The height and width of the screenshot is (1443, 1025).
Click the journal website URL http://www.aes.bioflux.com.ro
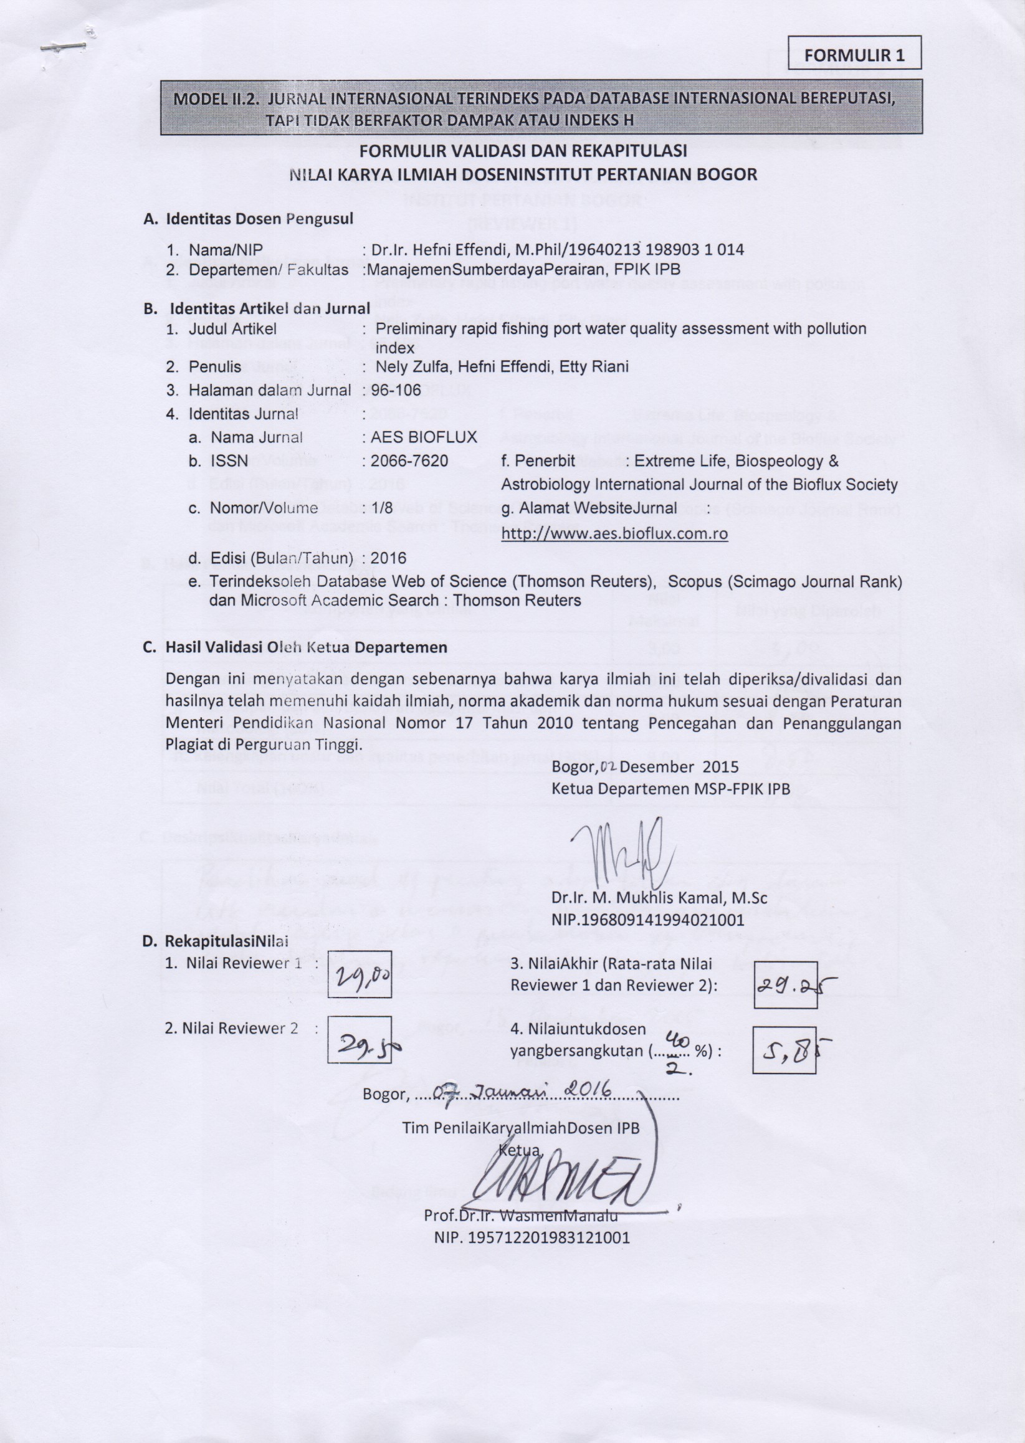(x=614, y=534)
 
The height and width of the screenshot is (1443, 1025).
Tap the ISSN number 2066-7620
(x=409, y=460)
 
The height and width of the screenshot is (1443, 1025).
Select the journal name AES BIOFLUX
(x=424, y=437)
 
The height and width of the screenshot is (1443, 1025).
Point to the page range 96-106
(x=396, y=391)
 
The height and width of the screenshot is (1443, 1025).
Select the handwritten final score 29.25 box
(x=786, y=984)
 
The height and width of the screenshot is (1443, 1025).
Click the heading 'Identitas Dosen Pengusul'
(x=259, y=219)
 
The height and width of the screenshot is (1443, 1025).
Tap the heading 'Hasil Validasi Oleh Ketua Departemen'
(x=305, y=647)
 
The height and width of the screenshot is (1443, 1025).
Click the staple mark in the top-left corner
(x=62, y=47)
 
